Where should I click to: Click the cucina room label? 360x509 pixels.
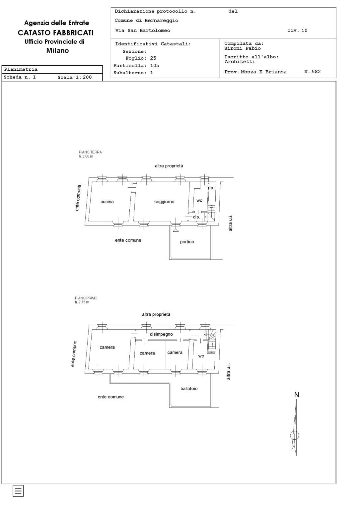[x=107, y=202]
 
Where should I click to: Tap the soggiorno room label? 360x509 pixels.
[x=164, y=202]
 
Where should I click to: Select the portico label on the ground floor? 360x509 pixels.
[x=187, y=242]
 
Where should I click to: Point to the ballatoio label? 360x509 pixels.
[x=189, y=389]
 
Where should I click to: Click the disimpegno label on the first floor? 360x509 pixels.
[x=161, y=334]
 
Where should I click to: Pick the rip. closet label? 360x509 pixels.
[x=211, y=188]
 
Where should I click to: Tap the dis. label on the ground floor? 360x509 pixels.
[x=196, y=217]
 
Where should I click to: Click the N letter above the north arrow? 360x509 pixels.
[x=297, y=395]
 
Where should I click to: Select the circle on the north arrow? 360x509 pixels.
[x=295, y=435]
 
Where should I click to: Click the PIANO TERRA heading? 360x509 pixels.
[x=90, y=152]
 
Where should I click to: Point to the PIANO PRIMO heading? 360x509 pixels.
[x=86, y=298]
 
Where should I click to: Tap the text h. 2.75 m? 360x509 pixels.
[x=82, y=302]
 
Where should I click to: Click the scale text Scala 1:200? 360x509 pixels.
[x=75, y=77]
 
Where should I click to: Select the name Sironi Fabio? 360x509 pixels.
[x=243, y=48]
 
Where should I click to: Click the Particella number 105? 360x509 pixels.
[x=155, y=65]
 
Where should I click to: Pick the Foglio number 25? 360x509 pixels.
[x=153, y=58]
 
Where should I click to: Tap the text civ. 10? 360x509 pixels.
[x=297, y=31]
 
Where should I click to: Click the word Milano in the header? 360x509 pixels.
[x=57, y=50]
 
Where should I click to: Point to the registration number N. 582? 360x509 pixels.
[x=313, y=72]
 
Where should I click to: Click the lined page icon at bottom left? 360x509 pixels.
[x=18, y=491]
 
